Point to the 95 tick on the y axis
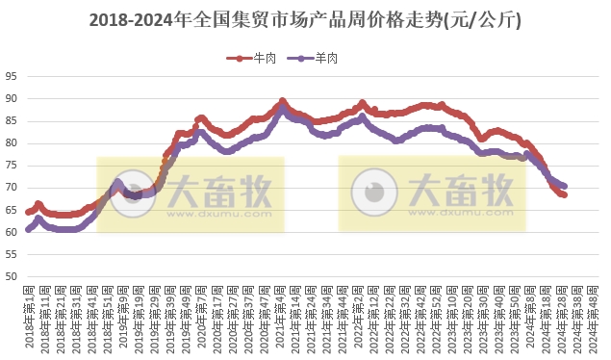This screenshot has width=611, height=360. [10, 76]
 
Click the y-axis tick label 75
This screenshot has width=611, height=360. [10, 166]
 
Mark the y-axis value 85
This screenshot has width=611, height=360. [10, 121]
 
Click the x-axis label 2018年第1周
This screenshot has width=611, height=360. [29, 318]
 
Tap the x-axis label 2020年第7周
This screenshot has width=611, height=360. [200, 318]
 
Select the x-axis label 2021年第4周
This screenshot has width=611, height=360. [279, 318]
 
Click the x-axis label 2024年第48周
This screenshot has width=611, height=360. [593, 318]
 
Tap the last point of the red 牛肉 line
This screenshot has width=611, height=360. [564, 194]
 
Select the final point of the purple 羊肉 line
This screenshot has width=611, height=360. [564, 186]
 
